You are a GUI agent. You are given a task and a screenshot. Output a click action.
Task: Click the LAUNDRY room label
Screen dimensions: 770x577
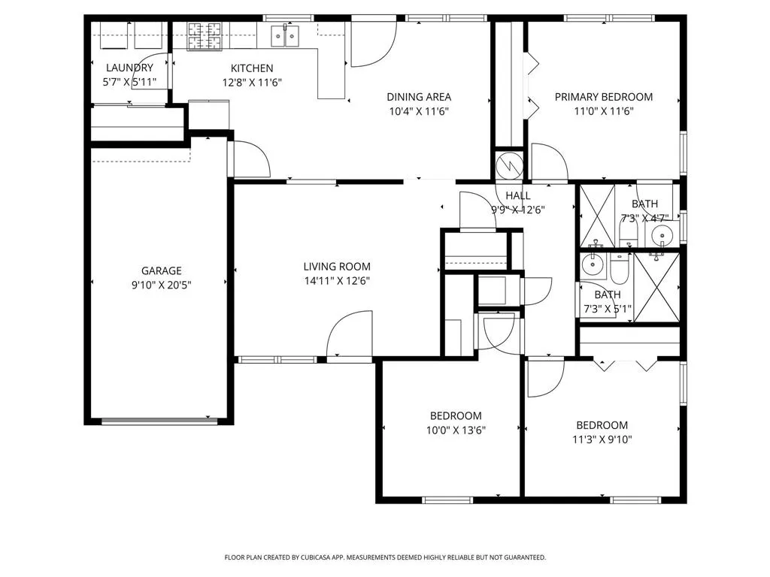coord(129,68)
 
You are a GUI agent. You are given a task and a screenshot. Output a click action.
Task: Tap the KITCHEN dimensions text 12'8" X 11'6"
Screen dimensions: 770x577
coord(252,83)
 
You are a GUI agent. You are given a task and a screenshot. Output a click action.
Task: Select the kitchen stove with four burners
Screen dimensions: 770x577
coord(205,36)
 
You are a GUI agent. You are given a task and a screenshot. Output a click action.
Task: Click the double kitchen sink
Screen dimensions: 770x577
coord(285,36)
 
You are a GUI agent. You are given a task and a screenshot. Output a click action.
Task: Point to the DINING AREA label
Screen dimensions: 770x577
coord(419,97)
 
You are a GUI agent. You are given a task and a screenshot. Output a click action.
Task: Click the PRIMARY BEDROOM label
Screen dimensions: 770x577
coord(604,97)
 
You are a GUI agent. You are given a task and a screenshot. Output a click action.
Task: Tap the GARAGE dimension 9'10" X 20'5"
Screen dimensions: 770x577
coord(161,285)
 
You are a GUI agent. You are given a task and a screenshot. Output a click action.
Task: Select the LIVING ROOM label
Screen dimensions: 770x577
coord(337,267)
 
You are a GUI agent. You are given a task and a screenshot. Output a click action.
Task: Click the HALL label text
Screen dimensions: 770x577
coord(518,195)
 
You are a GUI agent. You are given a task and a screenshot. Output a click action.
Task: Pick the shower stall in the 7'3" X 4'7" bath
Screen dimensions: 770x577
coord(597,216)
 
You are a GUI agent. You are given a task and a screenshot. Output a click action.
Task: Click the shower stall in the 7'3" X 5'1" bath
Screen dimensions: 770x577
coord(656,288)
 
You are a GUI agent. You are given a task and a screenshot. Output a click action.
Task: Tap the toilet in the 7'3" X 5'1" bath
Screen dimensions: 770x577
coord(620,268)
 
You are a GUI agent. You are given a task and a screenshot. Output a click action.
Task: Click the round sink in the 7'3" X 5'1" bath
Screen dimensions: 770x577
coord(593,264)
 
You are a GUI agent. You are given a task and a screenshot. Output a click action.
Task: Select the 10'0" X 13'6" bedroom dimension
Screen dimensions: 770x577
coord(456,430)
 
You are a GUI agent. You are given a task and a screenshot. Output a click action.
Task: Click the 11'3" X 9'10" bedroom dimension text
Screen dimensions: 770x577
coord(602,440)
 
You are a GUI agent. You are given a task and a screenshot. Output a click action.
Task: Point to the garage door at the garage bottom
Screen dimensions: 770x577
coord(159,421)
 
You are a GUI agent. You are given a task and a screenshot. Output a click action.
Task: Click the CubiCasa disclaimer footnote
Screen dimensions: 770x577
coord(385,557)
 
